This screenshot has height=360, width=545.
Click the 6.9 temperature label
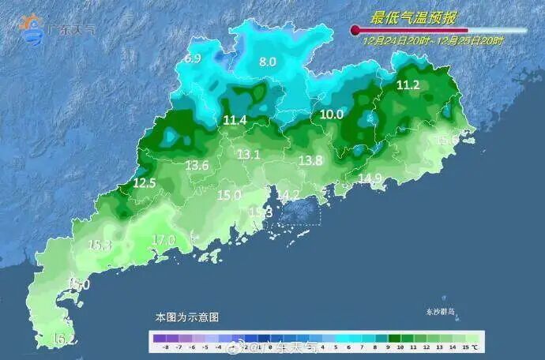point(193,59)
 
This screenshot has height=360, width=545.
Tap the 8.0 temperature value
point(268,62)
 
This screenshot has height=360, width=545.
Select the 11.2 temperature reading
point(408,85)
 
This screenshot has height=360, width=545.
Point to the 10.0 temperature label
point(332,114)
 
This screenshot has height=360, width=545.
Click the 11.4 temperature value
point(235,121)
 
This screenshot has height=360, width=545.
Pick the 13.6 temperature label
point(197,165)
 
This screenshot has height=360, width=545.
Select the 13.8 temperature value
point(310,160)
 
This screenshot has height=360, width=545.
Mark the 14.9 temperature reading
point(370,178)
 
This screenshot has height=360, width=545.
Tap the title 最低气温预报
point(415,17)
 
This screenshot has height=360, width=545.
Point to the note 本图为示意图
point(187,317)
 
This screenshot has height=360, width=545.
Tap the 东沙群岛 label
point(441,312)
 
